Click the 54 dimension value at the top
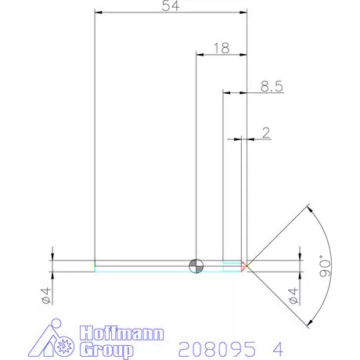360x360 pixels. [169, 6]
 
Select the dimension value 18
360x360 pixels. [220, 49]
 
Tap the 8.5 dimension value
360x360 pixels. [271, 87]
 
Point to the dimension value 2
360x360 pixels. [266, 134]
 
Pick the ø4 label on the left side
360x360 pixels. [45, 296]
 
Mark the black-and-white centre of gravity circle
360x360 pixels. [196, 266]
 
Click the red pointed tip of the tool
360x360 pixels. [245, 266]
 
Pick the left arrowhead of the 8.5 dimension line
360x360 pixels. [228, 93]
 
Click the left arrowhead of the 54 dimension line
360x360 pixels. [97, 13]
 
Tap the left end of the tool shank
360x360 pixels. [95, 266]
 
